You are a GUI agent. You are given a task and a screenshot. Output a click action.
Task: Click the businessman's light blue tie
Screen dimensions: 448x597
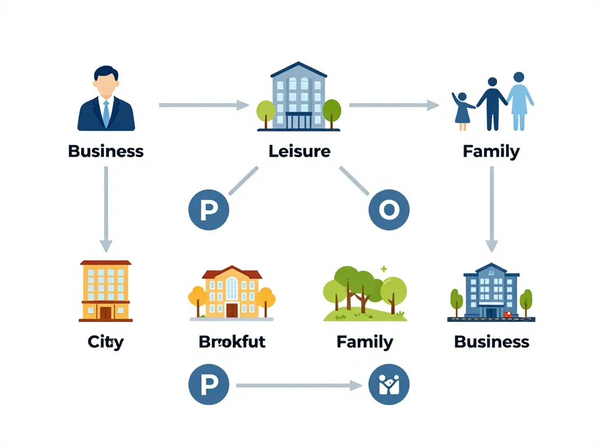click(x=106, y=113)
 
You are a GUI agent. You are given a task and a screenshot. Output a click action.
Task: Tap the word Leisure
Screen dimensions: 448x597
click(x=299, y=152)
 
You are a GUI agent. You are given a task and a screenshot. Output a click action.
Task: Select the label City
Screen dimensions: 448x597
click(x=106, y=341)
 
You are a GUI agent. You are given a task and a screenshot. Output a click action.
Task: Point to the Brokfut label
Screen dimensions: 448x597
click(x=232, y=341)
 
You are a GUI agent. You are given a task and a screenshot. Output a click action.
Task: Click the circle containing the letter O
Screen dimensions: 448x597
click(x=389, y=210)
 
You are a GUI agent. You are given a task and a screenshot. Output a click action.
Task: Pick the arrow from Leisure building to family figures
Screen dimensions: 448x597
click(x=394, y=105)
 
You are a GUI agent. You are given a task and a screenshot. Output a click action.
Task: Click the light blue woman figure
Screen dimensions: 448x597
click(x=519, y=102)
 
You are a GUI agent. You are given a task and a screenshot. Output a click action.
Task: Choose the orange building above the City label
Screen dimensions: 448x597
click(x=106, y=290)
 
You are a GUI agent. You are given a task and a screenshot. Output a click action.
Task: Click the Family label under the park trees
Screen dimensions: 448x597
click(x=365, y=341)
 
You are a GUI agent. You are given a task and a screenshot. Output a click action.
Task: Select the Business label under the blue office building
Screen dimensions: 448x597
click(x=491, y=341)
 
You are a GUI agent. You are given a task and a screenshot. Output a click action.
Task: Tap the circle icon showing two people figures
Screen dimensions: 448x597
click(x=389, y=385)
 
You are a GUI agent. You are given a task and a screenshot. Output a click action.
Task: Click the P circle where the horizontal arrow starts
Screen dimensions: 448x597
click(x=208, y=385)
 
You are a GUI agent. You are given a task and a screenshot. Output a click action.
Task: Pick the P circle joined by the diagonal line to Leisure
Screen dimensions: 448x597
click(x=208, y=210)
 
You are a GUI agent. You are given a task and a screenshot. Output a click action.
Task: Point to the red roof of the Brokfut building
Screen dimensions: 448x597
click(x=231, y=273)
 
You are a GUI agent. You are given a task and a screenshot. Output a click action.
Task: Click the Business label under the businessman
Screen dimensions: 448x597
click(x=106, y=152)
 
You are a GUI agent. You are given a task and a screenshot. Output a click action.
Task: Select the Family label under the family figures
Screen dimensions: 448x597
click(x=491, y=152)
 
